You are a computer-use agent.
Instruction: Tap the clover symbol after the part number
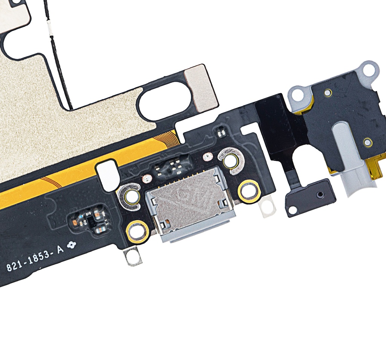pos(72,245)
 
